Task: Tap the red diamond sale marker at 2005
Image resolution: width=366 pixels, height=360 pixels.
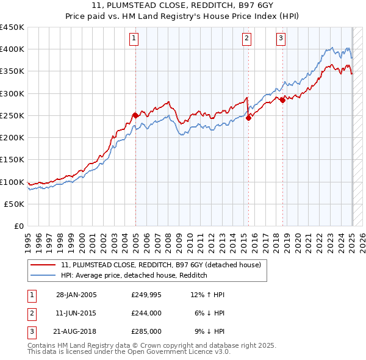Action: point(135,115)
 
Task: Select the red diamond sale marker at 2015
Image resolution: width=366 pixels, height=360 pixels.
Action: point(249,118)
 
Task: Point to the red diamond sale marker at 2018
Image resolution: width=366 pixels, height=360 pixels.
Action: point(282,100)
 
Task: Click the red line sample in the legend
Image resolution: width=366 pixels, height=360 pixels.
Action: point(44,265)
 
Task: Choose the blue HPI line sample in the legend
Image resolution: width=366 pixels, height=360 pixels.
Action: point(44,275)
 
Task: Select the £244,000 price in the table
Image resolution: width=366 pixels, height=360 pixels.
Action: point(146,313)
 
